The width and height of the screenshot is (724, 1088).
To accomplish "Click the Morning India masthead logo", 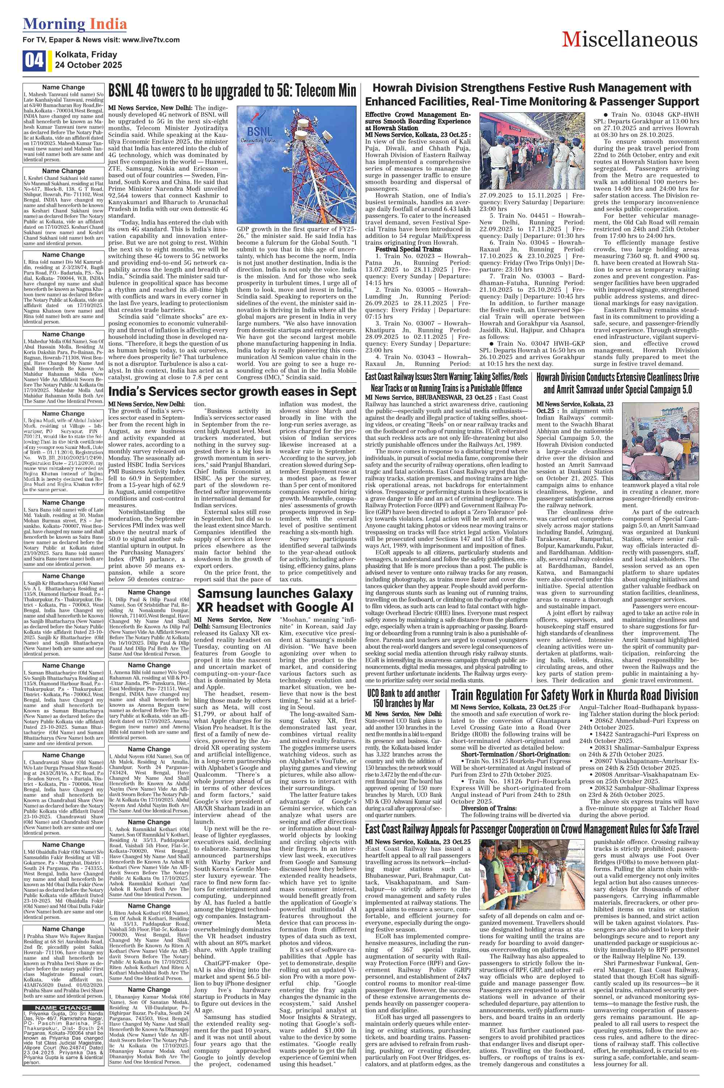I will [x=74, y=24].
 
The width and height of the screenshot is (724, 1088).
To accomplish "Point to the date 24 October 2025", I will [x=88, y=65].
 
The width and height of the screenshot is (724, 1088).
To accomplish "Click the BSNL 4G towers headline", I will [x=232, y=91].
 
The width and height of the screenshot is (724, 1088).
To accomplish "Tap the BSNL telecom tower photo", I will [x=297, y=164].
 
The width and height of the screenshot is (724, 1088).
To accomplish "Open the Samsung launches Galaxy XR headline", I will [x=275, y=600].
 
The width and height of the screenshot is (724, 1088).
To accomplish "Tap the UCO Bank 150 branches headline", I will [x=404, y=698].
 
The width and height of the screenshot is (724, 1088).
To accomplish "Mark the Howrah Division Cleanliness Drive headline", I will [x=617, y=383].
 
